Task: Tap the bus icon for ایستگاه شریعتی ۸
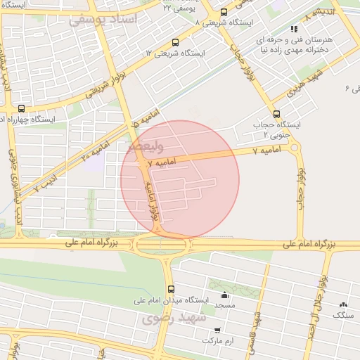coord(224,12)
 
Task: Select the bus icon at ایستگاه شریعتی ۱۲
coord(176,42)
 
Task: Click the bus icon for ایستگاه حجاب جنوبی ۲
coord(276,114)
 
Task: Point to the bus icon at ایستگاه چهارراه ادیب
coord(21,108)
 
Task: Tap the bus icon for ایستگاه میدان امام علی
coord(171,289)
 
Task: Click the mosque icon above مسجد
coord(224,295)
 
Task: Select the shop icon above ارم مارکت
coord(217,330)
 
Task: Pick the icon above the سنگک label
coord(343,304)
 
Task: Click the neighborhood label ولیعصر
coord(147,147)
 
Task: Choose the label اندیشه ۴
coord(313,13)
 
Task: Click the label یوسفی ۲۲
coord(176,7)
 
